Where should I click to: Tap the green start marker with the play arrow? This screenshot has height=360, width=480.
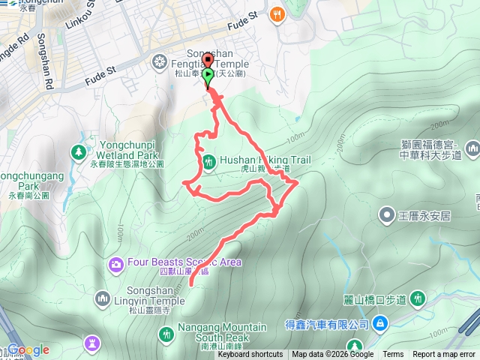(208, 75)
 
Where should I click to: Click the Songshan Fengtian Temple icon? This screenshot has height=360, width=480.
(158, 60)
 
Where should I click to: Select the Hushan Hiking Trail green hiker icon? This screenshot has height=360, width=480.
(208, 160)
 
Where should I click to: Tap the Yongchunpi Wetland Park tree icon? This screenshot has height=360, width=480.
(78, 152)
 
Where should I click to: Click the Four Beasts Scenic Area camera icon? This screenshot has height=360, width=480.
(115, 263)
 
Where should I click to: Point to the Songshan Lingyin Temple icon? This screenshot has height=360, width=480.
(103, 299)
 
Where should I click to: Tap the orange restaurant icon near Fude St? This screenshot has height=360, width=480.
(277, 13)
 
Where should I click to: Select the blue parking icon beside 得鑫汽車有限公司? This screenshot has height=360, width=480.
(381, 323)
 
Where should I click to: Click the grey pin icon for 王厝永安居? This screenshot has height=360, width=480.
(386, 215)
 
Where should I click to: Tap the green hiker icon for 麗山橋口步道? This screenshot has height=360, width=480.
(418, 299)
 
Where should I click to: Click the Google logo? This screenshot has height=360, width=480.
(28, 350)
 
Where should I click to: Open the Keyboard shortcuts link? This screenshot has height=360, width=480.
(250, 355)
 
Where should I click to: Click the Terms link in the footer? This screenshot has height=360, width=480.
(393, 355)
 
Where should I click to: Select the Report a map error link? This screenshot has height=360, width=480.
(445, 355)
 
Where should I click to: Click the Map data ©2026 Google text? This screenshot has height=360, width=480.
(332, 355)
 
